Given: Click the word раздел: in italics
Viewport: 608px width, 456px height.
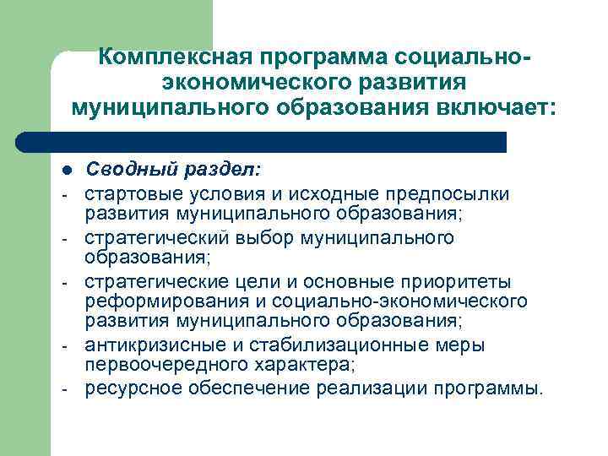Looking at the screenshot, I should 217,171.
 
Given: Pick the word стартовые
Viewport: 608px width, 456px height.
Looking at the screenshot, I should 131,193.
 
